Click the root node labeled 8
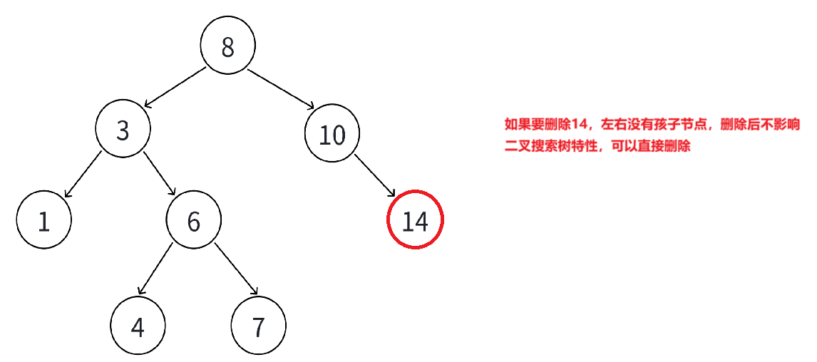tap(227, 47)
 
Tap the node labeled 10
tap(332, 135)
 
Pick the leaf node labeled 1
tap(44, 222)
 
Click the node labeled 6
tap(194, 222)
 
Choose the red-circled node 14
tap(415, 221)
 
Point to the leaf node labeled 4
tap(138, 326)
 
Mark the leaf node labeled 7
tap(258, 326)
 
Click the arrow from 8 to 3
tap(175, 87)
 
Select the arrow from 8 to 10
tap(281, 89)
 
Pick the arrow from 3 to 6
tap(160, 173)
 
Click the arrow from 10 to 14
tap(375, 175)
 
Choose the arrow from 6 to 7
tap(237, 269)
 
